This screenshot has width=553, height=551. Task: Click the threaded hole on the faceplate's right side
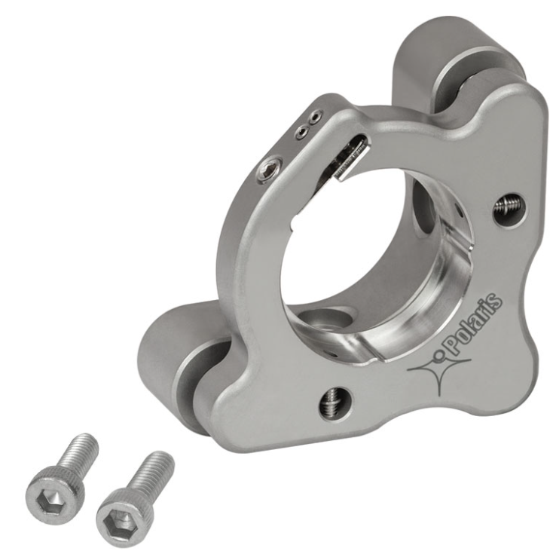tap(509, 210)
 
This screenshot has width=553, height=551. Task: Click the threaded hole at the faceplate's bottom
tap(335, 403)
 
